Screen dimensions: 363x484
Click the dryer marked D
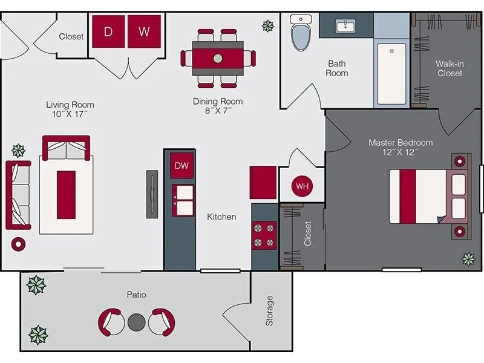(x=108, y=31)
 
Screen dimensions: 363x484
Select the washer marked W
(x=144, y=31)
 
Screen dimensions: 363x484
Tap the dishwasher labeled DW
(x=181, y=165)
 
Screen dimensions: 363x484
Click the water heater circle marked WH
(x=302, y=186)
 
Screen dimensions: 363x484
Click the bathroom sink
(x=346, y=26)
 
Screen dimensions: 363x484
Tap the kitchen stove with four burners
(x=264, y=235)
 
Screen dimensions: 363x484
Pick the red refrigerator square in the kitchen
(x=263, y=182)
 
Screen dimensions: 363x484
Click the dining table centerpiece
(x=218, y=59)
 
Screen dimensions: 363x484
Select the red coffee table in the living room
(x=66, y=195)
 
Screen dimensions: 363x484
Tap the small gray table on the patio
(x=137, y=321)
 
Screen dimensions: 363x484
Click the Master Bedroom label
(x=401, y=143)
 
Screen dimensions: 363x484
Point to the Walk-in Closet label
(x=448, y=68)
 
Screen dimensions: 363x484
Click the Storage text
(x=270, y=310)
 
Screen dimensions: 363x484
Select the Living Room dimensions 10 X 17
(x=70, y=114)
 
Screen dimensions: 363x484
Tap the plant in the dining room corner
(x=267, y=25)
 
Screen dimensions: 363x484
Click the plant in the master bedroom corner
(x=468, y=259)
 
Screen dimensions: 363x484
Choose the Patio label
(x=137, y=295)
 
